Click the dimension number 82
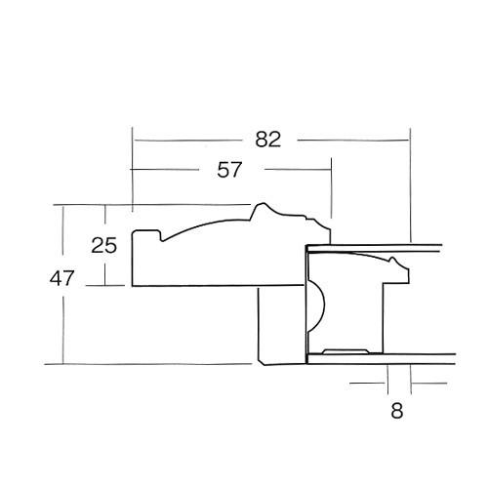tap(267, 140)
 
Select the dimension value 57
tap(229, 170)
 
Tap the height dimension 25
tap(104, 246)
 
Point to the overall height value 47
tap(61, 279)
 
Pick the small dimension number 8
tap(396, 411)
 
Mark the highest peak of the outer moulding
tap(262, 208)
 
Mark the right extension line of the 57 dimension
tap(332, 195)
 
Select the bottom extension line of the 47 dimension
tap(146, 363)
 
